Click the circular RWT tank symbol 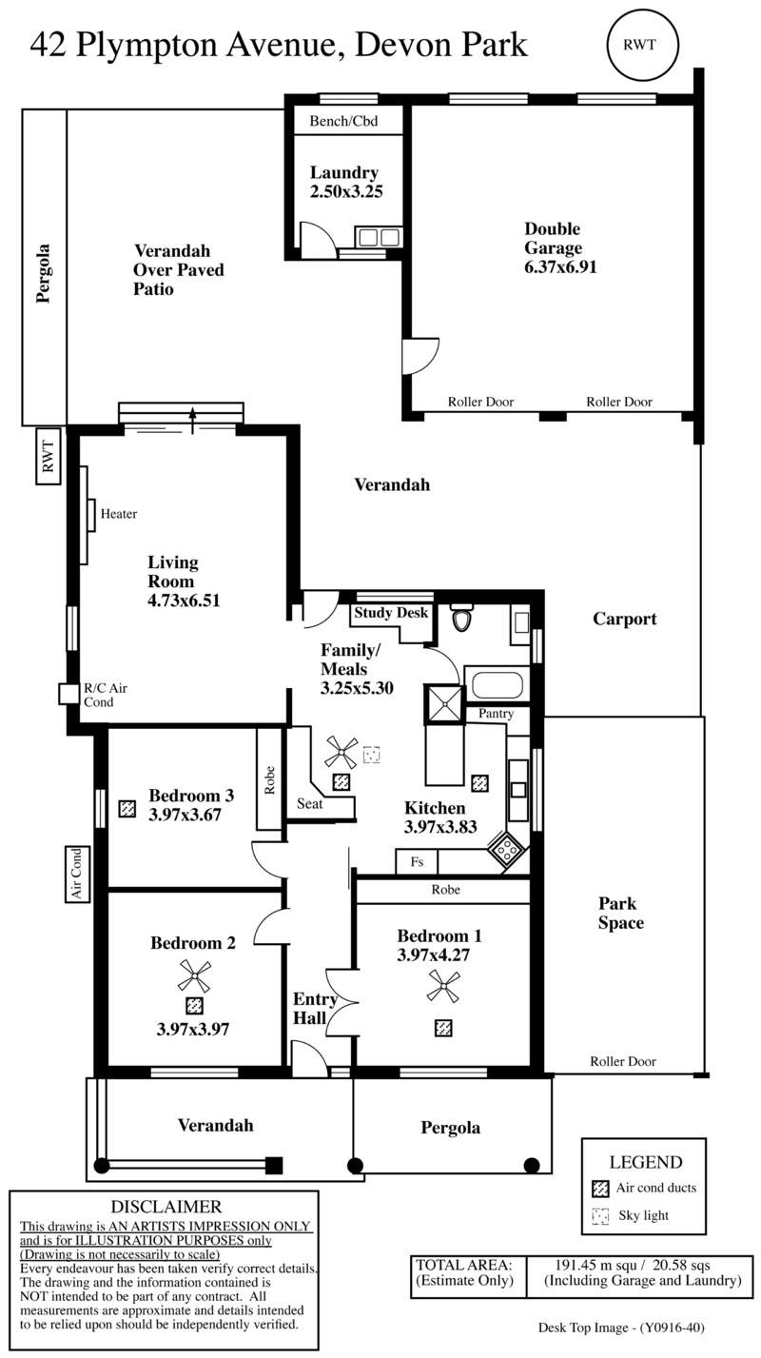pyautogui.click(x=642, y=45)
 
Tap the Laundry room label pyautogui.click(x=344, y=173)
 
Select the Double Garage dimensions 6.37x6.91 pyautogui.click(x=560, y=266)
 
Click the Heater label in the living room pyautogui.click(x=119, y=514)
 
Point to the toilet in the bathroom pyautogui.click(x=461, y=618)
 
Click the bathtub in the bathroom pyautogui.click(x=497, y=684)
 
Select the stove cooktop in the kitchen pyautogui.click(x=506, y=850)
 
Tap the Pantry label pyautogui.click(x=496, y=714)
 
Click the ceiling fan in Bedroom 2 pyautogui.click(x=194, y=976)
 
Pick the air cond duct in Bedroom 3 pyautogui.click(x=127, y=808)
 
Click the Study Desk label pyautogui.click(x=391, y=613)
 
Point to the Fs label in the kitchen pyautogui.click(x=417, y=861)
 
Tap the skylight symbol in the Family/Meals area pyautogui.click(x=371, y=755)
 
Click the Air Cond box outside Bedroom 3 pyautogui.click(x=77, y=874)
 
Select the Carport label pyautogui.click(x=625, y=619)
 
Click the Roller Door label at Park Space pyautogui.click(x=623, y=1061)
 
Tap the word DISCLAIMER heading pyautogui.click(x=166, y=1207)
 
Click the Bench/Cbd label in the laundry pyautogui.click(x=343, y=121)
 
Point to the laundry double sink pyautogui.click(x=378, y=237)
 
